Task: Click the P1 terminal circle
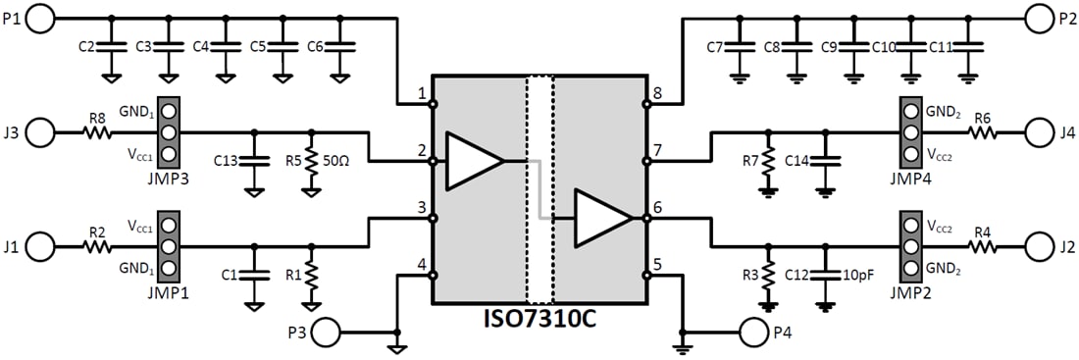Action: pos(43,17)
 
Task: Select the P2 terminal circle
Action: pos(1039,17)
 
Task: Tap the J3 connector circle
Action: pos(43,132)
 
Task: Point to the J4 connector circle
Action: pos(1039,132)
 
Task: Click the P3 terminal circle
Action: pos(328,334)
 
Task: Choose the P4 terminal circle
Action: pos(755,334)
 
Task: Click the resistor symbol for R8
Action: pos(97,132)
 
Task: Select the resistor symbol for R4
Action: pos(985,246)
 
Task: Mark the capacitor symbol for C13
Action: pos(254,159)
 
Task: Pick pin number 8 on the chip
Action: pos(658,94)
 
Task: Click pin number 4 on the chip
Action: pos(421,265)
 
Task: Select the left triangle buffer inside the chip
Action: pos(474,160)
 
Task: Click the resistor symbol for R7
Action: pos(769,159)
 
